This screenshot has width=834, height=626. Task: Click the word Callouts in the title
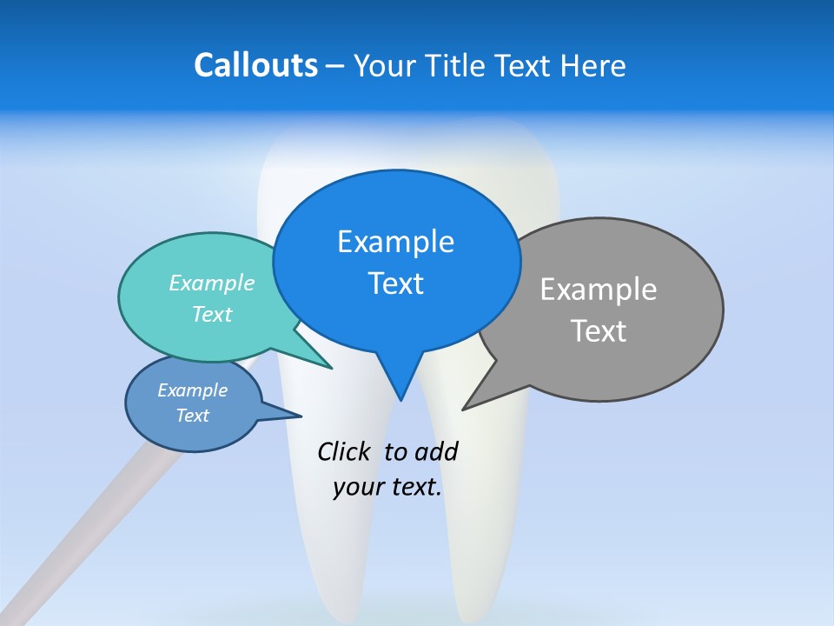[255, 65]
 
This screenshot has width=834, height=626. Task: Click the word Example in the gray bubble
[599, 289]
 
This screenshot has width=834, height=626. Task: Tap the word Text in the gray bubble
[599, 331]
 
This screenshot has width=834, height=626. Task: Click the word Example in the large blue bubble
[395, 242]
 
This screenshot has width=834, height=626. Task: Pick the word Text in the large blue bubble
[395, 283]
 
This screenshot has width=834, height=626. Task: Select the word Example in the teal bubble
[212, 283]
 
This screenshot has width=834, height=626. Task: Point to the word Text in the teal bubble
[212, 314]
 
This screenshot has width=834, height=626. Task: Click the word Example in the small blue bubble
[192, 390]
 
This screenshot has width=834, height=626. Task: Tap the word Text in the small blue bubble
[192, 416]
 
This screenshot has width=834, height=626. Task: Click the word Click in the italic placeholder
[346, 451]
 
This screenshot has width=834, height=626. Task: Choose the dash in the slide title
[336, 66]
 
